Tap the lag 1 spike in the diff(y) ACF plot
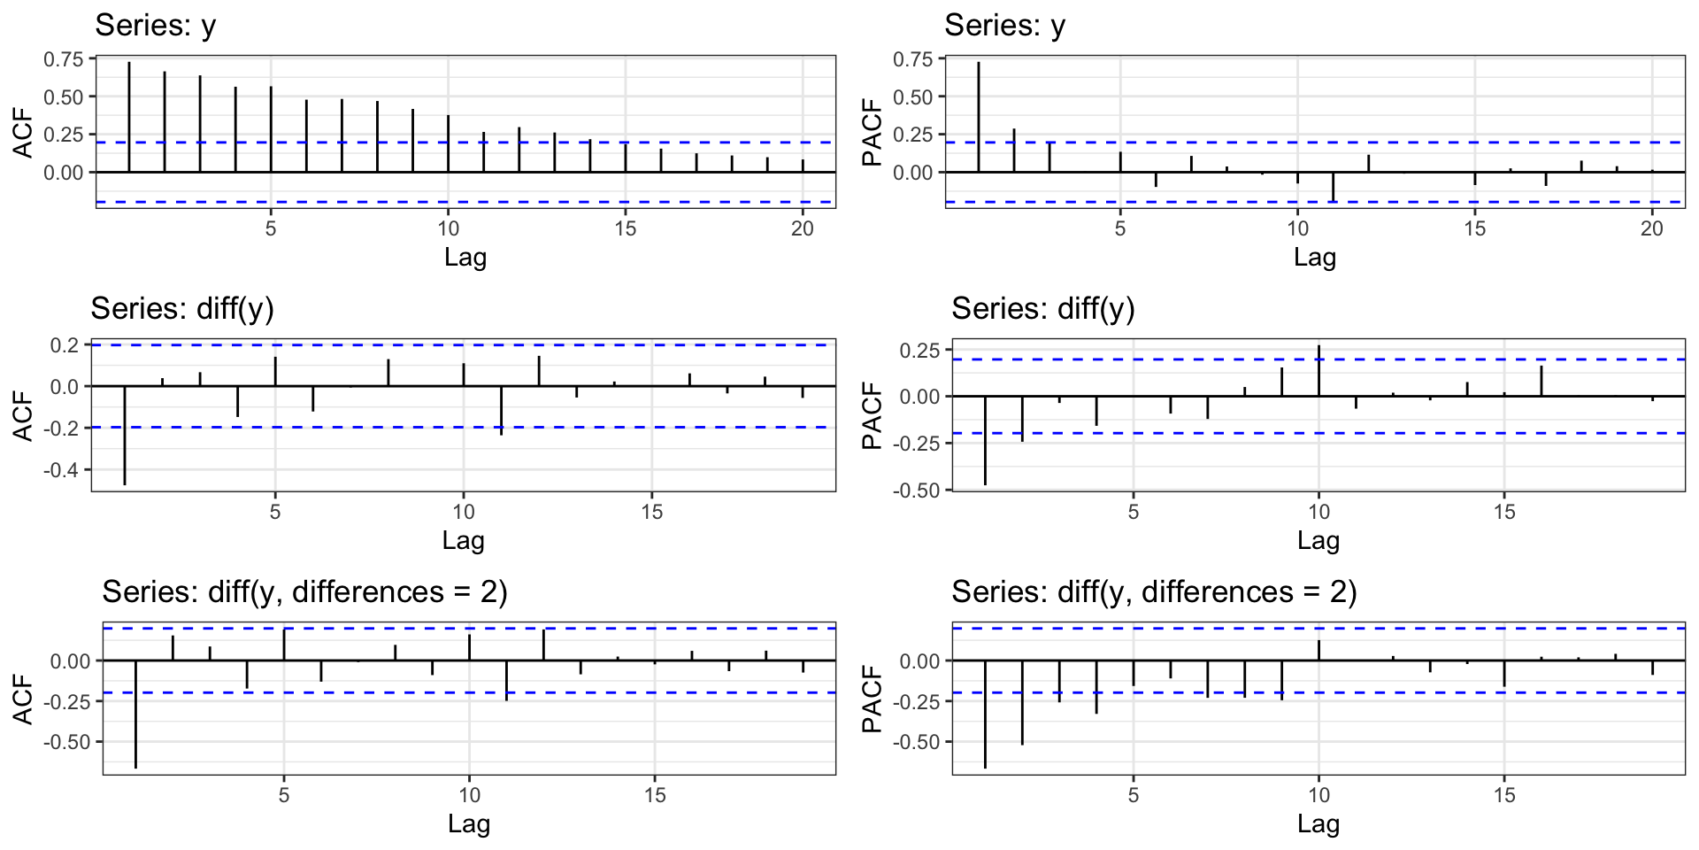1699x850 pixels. pyautogui.click(x=125, y=435)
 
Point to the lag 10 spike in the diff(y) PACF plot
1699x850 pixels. pyautogui.click(x=1318, y=371)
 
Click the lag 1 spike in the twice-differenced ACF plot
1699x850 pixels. pyautogui.click(x=135, y=714)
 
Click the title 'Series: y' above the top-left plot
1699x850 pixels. pyautogui.click(x=156, y=26)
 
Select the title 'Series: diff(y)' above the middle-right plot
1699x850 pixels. pyautogui.click(x=1042, y=309)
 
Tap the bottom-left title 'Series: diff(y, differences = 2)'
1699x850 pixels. pyautogui.click(x=304, y=591)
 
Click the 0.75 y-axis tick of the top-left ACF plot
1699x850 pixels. pyautogui.click(x=63, y=59)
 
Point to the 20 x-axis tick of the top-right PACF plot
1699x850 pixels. pyautogui.click(x=1651, y=228)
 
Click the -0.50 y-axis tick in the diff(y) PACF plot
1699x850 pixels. pyautogui.click(x=919, y=490)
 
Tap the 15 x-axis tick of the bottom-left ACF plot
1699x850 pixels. pyautogui.click(x=655, y=795)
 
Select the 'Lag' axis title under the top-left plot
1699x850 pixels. pyautogui.click(x=465, y=258)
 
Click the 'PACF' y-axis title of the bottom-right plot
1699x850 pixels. pyautogui.click(x=873, y=699)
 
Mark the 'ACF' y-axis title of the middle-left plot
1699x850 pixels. pyautogui.click(x=23, y=416)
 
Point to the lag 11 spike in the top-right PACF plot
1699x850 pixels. pyautogui.click(x=1333, y=187)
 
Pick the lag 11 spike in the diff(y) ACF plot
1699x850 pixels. pyautogui.click(x=501, y=410)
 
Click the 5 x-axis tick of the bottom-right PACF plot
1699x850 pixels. pyautogui.click(x=1133, y=795)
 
